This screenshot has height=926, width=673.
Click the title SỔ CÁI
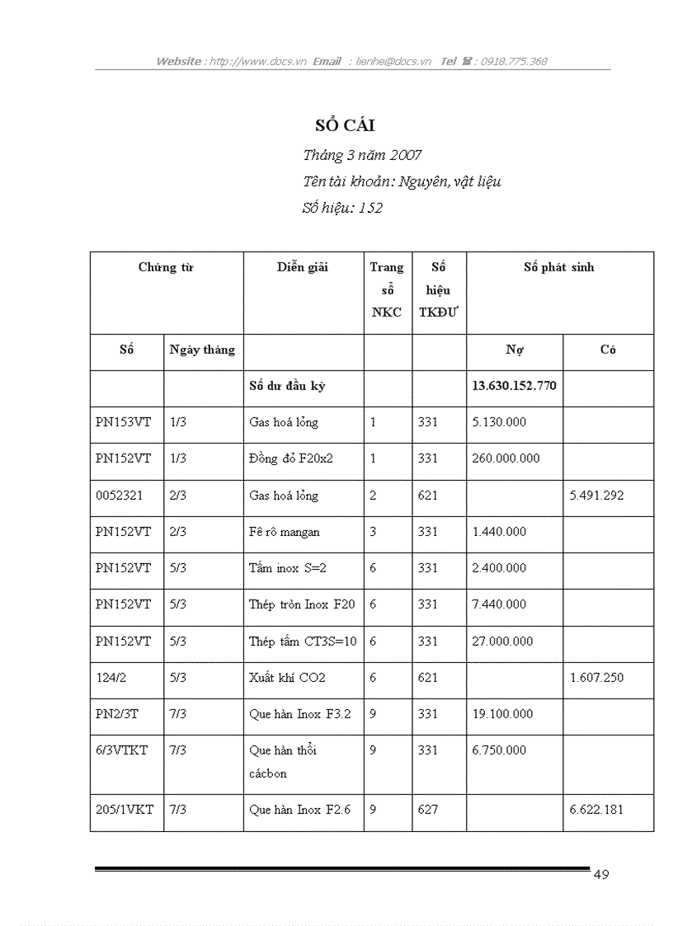pyautogui.click(x=345, y=125)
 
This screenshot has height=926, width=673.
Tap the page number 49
pyautogui.click(x=601, y=875)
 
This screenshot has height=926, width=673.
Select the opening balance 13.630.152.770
pyautogui.click(x=514, y=385)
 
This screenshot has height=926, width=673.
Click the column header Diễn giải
pyautogui.click(x=302, y=267)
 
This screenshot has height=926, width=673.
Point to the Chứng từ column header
pyautogui.click(x=166, y=267)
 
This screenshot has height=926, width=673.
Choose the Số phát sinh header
pyautogui.click(x=558, y=267)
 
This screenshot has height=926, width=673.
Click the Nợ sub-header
pyautogui.click(x=515, y=350)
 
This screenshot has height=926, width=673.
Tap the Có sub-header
pyautogui.click(x=608, y=350)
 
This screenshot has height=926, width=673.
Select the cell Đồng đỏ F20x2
pyautogui.click(x=290, y=458)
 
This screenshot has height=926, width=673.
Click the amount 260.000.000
pyautogui.click(x=506, y=458)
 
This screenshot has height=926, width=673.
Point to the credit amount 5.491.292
pyautogui.click(x=596, y=496)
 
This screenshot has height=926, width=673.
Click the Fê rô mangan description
pyautogui.click(x=285, y=532)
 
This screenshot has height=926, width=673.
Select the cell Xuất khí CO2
pyautogui.click(x=287, y=678)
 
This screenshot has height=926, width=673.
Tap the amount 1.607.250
pyautogui.click(x=596, y=678)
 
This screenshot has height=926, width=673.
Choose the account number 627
pyautogui.click(x=427, y=810)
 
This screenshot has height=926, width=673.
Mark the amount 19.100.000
pyautogui.click(x=502, y=714)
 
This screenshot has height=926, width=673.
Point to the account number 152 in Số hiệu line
pyautogui.click(x=371, y=209)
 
